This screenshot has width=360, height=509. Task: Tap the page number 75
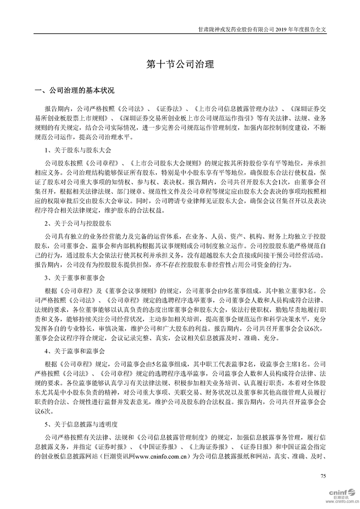pos(323,476)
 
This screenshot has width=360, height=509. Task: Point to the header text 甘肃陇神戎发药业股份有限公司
pos(237,28)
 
